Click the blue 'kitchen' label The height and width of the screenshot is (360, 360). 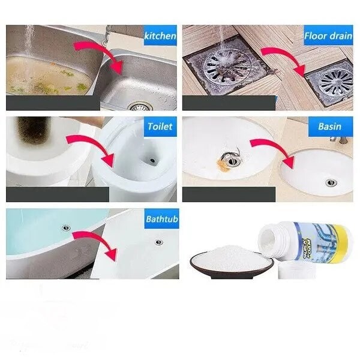160,36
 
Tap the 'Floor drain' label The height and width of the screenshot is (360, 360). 328,35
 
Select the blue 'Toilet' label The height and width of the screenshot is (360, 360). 160,127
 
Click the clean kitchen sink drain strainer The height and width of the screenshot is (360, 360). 139,107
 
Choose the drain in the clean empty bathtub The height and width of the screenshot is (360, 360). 158,242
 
